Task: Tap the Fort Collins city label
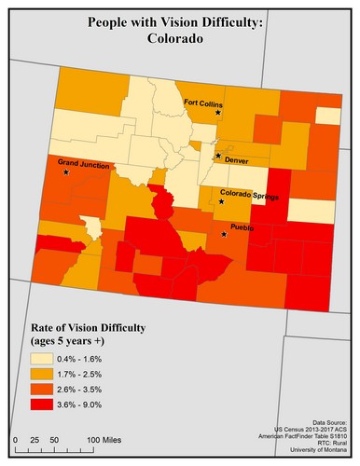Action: point(202,103)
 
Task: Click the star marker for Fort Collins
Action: point(218,113)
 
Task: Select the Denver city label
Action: point(237,160)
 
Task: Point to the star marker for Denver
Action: point(218,156)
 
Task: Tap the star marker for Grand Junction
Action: point(66,172)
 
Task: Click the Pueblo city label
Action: point(242,226)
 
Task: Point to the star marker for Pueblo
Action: point(224,234)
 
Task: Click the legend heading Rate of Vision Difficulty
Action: point(84,328)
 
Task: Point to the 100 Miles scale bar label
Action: point(105,437)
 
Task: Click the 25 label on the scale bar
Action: point(34,437)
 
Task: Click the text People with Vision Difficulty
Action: point(179,22)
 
